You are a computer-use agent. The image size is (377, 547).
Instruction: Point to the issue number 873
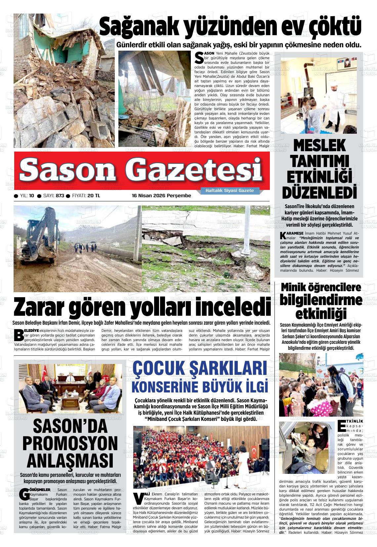[60, 196]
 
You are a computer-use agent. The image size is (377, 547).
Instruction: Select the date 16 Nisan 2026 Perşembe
[161, 196]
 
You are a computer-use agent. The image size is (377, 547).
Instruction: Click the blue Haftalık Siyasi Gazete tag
[230, 191]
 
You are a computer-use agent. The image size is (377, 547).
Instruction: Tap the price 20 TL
[94, 196]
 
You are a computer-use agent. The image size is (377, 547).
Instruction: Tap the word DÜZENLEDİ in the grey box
[319, 192]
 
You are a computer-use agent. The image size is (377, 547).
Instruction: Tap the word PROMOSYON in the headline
[70, 443]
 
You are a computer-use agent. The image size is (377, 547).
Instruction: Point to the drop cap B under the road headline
[19, 335]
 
